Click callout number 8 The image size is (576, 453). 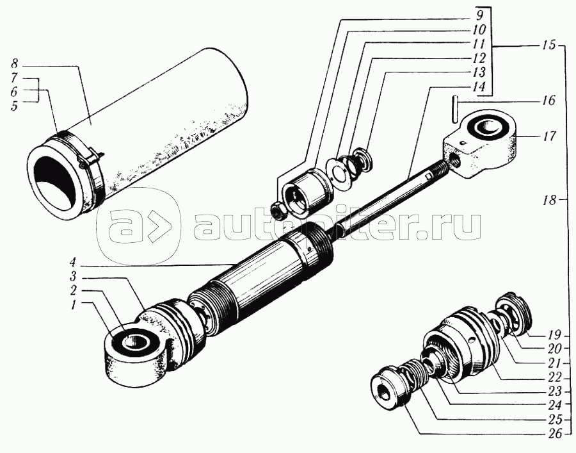[14, 64]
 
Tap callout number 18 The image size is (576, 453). [550, 201]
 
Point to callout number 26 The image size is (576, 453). [555, 434]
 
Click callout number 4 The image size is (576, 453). [72, 263]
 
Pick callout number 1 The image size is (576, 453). [73, 305]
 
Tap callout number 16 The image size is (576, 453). [548, 101]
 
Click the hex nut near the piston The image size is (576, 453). [278, 211]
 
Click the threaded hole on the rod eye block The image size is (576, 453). [456, 161]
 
